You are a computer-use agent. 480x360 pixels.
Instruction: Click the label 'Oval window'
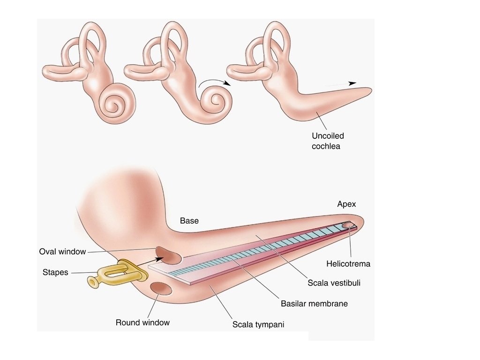(x=62, y=252)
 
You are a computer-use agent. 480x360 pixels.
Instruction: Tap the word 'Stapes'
(x=55, y=272)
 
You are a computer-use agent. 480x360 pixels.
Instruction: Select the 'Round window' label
(x=142, y=322)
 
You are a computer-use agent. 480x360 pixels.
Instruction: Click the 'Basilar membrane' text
(x=314, y=303)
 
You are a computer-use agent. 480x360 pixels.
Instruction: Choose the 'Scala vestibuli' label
(x=334, y=283)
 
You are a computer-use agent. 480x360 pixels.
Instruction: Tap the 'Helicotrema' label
(x=348, y=264)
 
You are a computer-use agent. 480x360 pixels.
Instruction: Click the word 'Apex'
(x=347, y=204)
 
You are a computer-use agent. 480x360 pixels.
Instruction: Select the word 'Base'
(x=189, y=221)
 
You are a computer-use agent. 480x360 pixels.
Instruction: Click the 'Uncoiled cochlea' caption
(x=328, y=141)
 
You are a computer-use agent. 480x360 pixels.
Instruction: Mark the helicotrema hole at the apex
(x=349, y=225)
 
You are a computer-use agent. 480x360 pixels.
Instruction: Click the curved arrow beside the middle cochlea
(x=213, y=82)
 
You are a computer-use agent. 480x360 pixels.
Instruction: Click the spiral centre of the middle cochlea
(x=217, y=100)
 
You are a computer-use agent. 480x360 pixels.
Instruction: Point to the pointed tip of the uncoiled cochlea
(x=370, y=90)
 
